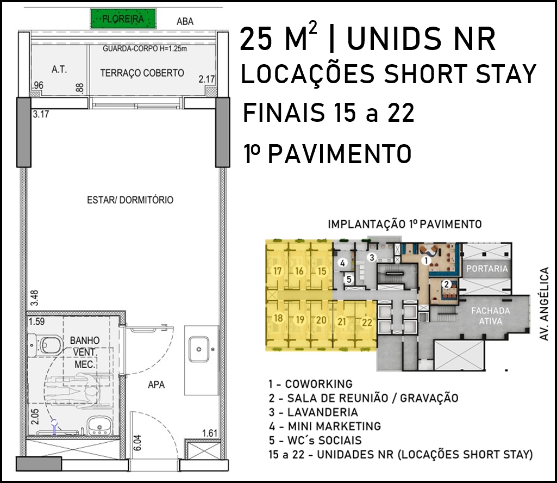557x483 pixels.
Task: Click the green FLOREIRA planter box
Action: click(x=123, y=18)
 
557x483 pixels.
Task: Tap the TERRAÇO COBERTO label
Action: click(x=142, y=73)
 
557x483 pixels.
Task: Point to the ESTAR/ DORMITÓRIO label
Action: click(x=130, y=200)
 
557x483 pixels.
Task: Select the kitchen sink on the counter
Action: click(x=199, y=349)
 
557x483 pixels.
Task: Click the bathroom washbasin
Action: click(x=99, y=425)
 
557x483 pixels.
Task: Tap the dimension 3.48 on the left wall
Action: click(x=34, y=298)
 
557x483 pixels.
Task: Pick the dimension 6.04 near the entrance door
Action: click(x=138, y=443)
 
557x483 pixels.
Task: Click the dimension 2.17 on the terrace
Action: click(x=206, y=79)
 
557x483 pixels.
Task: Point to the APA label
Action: click(x=157, y=385)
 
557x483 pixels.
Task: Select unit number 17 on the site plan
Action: click(x=278, y=271)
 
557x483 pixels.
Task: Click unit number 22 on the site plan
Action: click(x=367, y=322)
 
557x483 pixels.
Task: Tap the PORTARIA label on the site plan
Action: click(x=487, y=269)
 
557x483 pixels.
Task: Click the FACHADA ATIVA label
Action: click(x=491, y=316)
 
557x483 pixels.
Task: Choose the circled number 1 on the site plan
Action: click(x=426, y=261)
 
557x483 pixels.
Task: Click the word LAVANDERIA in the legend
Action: click(x=323, y=412)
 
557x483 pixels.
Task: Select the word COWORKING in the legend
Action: click(x=318, y=384)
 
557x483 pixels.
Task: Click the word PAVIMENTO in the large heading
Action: click(x=340, y=154)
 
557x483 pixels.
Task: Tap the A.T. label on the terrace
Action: click(x=59, y=70)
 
